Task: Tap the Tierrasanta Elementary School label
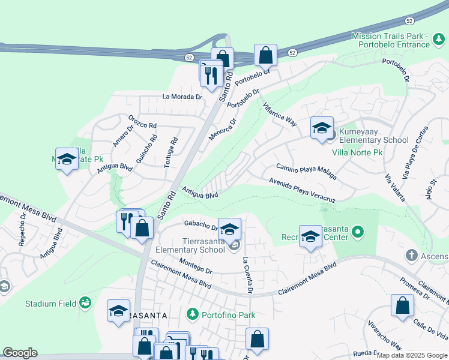(x=190, y=245)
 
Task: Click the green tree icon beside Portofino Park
(x=193, y=314)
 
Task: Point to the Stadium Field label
(x=51, y=304)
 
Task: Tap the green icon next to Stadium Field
(x=85, y=302)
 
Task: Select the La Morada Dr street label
(x=182, y=97)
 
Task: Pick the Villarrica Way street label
(x=280, y=113)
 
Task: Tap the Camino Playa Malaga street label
(x=306, y=171)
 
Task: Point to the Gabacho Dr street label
(x=200, y=225)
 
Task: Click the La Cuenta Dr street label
(x=247, y=277)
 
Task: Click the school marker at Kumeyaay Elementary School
(x=322, y=127)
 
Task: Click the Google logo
(x=20, y=353)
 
